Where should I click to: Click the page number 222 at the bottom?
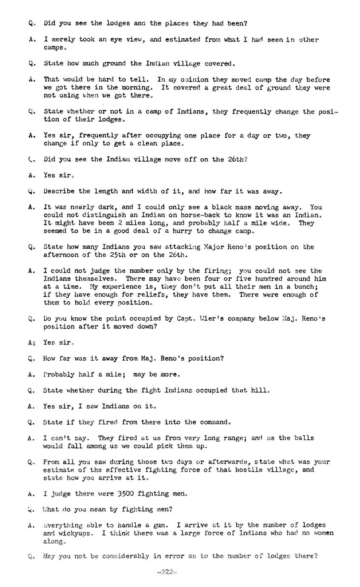(x=167, y=572)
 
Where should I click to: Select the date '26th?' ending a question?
(x=238, y=160)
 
